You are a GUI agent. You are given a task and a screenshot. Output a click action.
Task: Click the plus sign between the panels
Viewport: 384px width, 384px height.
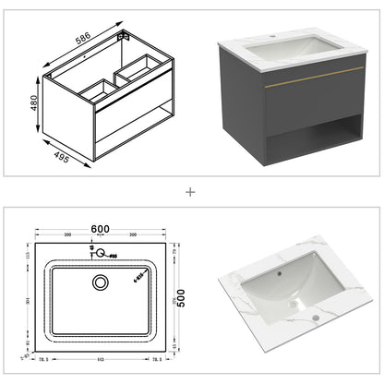191,192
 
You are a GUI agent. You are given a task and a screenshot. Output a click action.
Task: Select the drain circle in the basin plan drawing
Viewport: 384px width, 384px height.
100,282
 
